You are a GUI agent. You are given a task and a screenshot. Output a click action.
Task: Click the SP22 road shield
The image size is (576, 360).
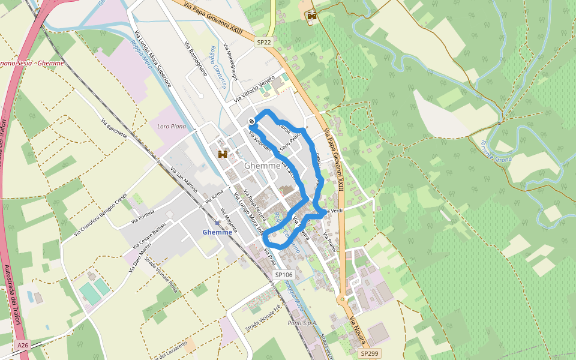(264, 42)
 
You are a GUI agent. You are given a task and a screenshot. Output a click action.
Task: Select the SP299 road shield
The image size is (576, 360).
(369, 354)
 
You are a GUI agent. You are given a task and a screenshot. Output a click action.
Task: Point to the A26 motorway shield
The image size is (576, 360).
(22, 346)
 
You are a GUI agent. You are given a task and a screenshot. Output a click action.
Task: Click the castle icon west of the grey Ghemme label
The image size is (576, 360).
(223, 154)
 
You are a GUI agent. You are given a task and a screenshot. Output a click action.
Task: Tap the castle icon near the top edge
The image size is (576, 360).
(311, 16)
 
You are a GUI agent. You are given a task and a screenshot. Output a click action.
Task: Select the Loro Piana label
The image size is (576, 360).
(172, 127)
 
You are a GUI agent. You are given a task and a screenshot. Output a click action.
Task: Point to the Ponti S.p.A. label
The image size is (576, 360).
(302, 323)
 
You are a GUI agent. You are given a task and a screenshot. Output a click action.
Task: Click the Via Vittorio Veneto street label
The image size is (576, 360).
(254, 88)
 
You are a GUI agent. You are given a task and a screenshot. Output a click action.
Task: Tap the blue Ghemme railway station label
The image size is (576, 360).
(217, 232)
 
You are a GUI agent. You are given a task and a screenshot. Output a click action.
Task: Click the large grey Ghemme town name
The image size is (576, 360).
(262, 166)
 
